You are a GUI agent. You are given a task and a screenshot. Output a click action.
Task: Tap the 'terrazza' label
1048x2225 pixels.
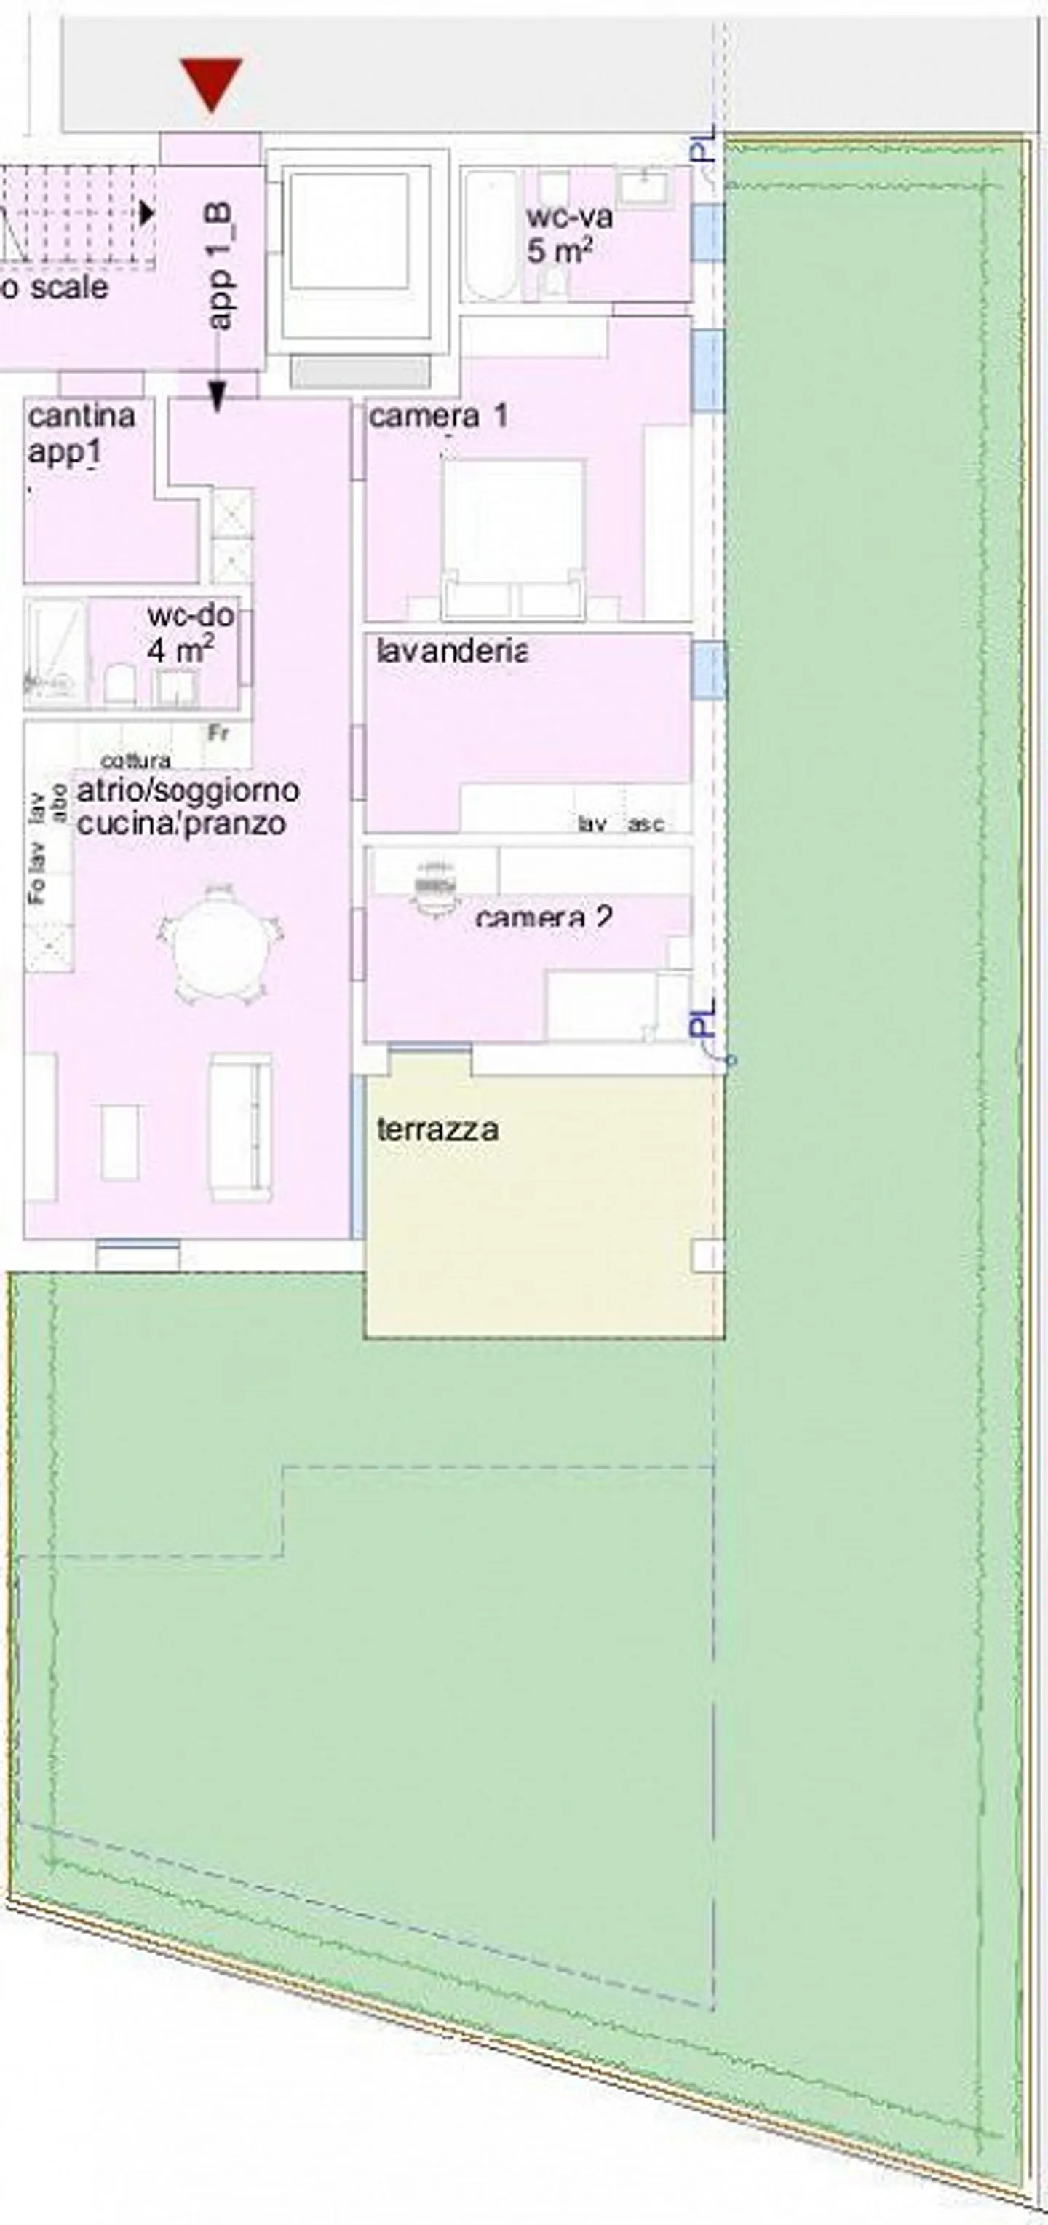pos(437,1130)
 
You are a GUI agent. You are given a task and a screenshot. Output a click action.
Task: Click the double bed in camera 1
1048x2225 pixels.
pos(513,536)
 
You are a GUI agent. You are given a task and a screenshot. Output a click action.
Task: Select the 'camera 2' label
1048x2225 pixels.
pos(544,917)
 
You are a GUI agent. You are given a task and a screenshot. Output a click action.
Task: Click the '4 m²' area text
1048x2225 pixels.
pos(180,650)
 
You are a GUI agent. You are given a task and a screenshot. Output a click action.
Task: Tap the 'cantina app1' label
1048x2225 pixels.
pos(81,434)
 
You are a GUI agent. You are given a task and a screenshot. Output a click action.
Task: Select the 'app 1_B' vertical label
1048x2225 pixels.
pos(220,266)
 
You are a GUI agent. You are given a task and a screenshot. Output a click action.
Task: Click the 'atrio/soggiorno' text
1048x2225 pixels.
pos(188,790)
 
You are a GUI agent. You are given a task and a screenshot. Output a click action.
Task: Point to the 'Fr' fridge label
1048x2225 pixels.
pos(218,734)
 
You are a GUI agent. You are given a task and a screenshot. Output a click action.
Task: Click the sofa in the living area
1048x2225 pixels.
pos(241,1126)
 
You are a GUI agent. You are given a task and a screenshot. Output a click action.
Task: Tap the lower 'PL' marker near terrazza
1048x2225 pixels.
pos(704,1019)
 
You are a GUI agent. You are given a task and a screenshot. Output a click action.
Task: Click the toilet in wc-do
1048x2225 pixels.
pos(119,685)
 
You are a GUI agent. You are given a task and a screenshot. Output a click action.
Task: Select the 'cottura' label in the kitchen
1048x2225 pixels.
pos(135,761)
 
